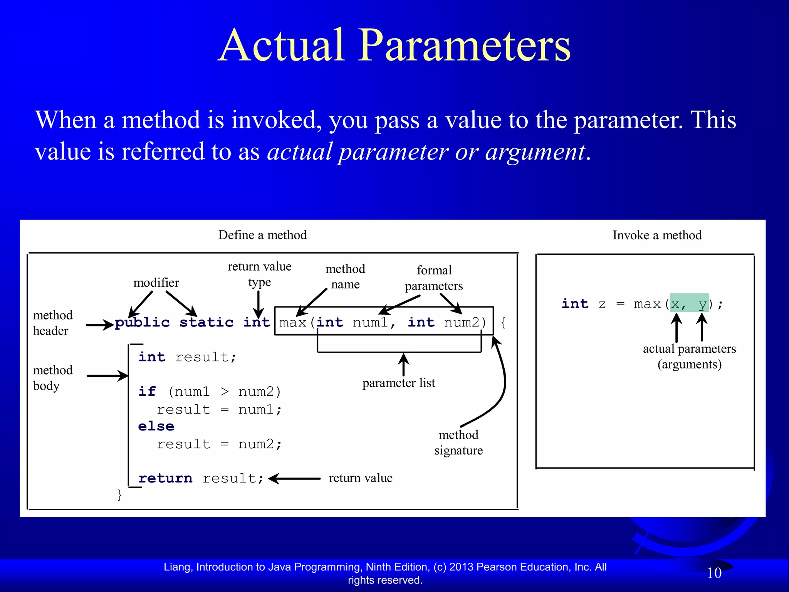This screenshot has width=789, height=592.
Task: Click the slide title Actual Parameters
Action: coord(394,45)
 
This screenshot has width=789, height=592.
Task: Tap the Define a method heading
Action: coord(262,235)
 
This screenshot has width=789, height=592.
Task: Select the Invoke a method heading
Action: coord(657,235)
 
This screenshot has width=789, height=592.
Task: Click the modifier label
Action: coord(156,283)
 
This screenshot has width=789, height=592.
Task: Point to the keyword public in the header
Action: coord(142,323)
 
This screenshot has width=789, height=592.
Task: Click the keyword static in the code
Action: coord(206,323)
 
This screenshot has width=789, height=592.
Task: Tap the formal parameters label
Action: coord(434,278)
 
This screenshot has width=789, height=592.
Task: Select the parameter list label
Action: coord(398,383)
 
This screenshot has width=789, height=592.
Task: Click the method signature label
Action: coord(458,442)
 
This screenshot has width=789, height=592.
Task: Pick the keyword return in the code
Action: coord(165,478)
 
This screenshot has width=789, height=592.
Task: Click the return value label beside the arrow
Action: coord(361,478)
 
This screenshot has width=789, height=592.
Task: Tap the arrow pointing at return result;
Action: coord(294,479)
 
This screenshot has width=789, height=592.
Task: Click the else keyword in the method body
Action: coord(156,426)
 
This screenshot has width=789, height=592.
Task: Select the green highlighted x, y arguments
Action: coord(689,304)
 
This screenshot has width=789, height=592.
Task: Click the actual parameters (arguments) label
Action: coord(689,357)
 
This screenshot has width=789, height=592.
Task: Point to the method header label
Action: coord(52,323)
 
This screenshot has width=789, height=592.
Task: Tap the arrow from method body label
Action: coord(107,375)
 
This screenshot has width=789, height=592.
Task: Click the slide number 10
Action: coord(714,573)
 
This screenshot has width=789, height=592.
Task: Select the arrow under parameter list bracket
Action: coord(403,364)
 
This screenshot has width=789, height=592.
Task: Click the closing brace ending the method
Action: coord(120,494)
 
